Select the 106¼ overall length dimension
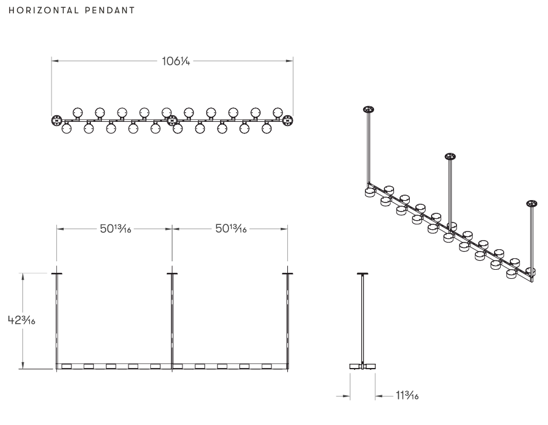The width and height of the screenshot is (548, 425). pos(173,61)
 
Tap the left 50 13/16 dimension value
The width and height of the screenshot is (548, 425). pos(115,229)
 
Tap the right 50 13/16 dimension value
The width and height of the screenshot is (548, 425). pos(230,229)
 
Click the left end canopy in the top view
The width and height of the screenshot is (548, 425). pos(56,120)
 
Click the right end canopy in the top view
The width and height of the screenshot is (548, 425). pos(288,120)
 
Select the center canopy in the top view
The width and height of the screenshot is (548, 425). pos(172,120)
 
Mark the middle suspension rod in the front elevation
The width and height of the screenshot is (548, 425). pos(172,318)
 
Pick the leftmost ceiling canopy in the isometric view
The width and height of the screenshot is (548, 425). pos(367,110)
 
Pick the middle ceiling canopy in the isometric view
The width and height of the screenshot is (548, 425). pos(450,157)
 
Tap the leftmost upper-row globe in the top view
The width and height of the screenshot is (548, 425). pos(78,112)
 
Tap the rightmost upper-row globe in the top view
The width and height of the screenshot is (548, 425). pos(278,112)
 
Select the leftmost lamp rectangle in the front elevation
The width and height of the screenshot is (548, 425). pos(67,366)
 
